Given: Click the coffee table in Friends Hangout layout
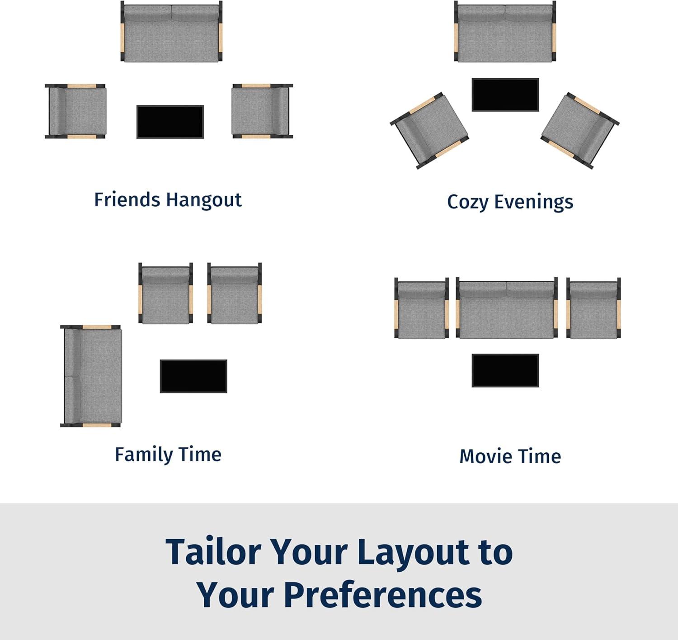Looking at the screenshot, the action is coord(170,122).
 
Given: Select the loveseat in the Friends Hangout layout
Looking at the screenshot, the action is coord(171,32).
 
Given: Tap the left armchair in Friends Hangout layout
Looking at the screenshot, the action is coord(75,111).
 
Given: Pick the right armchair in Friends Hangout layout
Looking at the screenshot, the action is coord(262,111).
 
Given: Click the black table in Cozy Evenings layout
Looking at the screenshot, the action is coord(505,95).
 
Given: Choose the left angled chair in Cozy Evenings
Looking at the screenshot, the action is coord(429,130).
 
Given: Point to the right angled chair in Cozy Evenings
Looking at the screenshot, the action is coord(580,130).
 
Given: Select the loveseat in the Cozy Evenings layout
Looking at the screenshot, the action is coord(505,32).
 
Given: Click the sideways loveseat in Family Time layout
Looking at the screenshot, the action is coord(91,376).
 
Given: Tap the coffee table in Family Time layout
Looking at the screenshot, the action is coord(193,376).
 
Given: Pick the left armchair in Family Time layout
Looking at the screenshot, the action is coord(165,293).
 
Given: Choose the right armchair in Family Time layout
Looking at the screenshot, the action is coord(235,293).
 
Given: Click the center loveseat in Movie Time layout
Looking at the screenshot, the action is coord(507,308).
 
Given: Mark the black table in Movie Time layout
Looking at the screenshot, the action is coord(505,370).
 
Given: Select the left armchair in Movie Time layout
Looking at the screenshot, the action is coord(422,308).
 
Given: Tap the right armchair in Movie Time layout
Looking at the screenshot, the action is coord(593,308).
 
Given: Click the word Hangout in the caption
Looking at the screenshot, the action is coord(204,200).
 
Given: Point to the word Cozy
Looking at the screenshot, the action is coord(468,202).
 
